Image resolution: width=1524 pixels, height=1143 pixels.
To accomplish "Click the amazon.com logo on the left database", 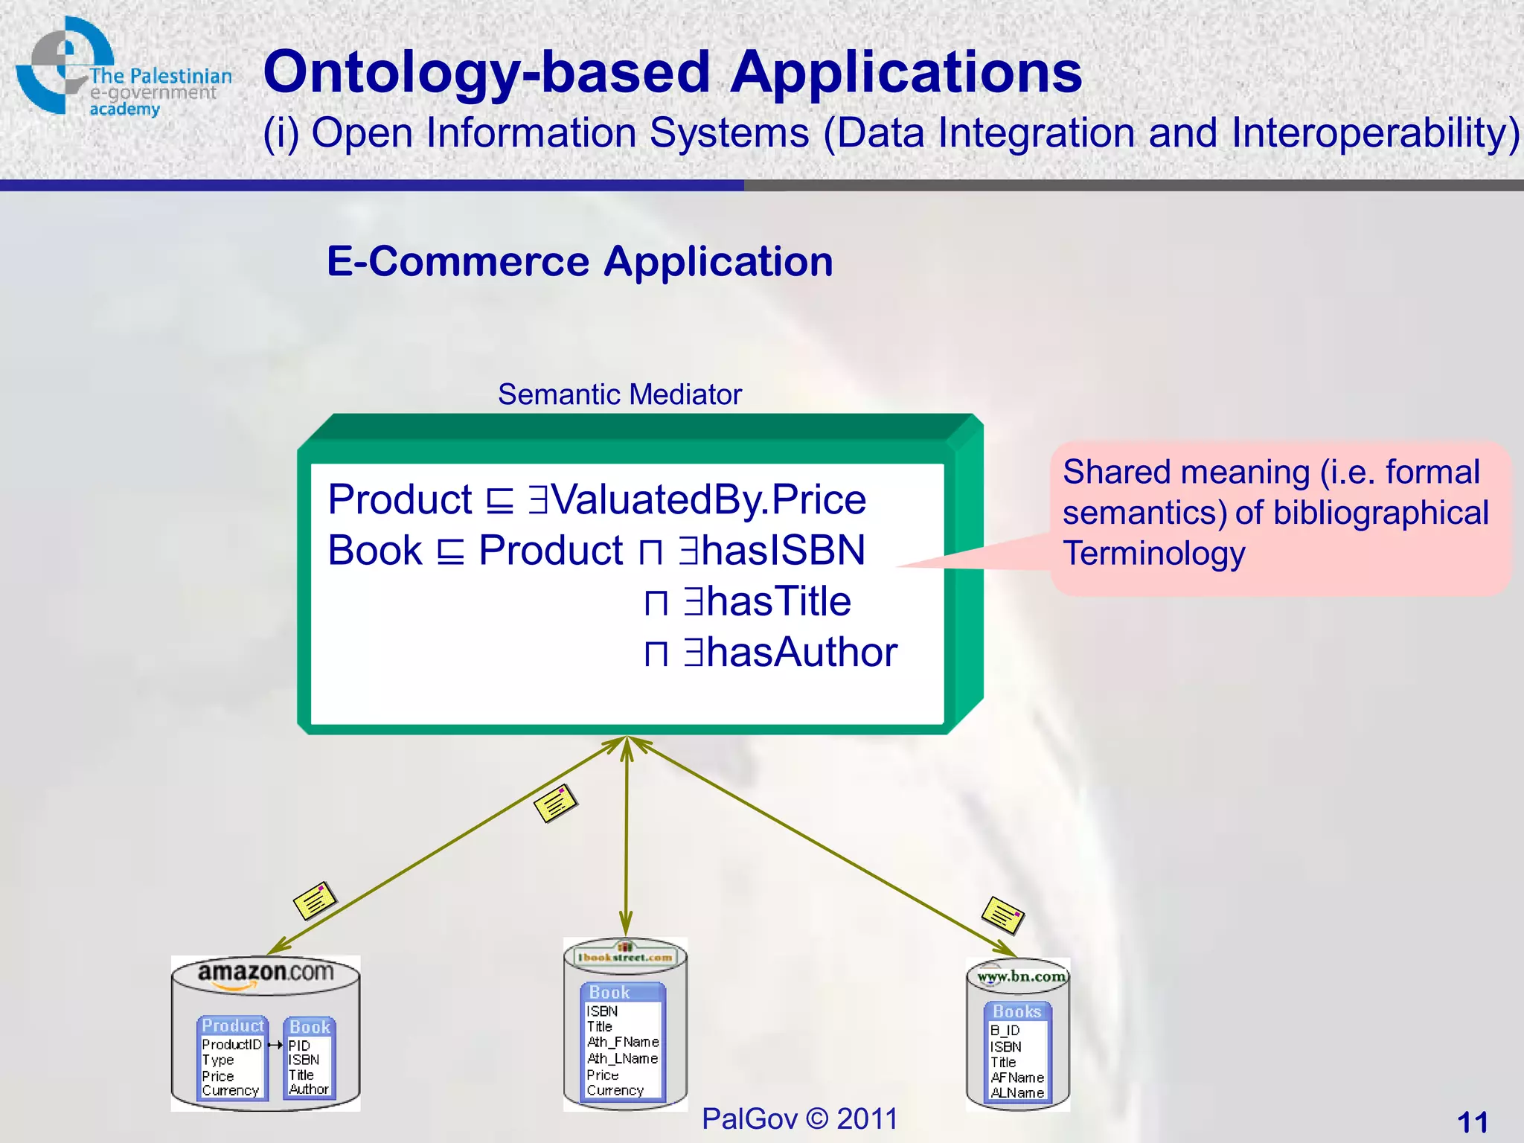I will pyautogui.click(x=265, y=974).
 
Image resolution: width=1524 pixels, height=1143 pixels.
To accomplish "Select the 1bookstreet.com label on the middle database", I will pyautogui.click(x=625, y=957).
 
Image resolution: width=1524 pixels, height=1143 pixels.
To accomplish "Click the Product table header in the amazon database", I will pyautogui.click(x=232, y=1025).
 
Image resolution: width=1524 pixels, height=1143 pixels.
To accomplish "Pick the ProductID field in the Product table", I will pyautogui.click(x=231, y=1045).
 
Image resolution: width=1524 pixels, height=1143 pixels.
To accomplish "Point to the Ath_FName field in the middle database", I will pyautogui.click(x=623, y=1042).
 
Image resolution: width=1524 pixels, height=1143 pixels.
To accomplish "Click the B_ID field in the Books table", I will pyautogui.click(x=1005, y=1031).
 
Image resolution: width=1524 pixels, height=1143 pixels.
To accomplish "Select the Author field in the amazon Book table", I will pyautogui.click(x=309, y=1089).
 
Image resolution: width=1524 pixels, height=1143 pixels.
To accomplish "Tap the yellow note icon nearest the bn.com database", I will pyautogui.click(x=1002, y=915).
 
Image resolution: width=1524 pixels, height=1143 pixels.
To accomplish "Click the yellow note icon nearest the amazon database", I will pyautogui.click(x=315, y=901).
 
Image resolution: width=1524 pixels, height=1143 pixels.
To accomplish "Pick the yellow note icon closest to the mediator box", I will pyautogui.click(x=555, y=804).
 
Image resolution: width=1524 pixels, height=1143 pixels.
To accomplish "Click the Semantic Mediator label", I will pyautogui.click(x=619, y=394).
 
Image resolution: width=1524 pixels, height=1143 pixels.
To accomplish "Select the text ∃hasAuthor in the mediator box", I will pyautogui.click(x=790, y=652).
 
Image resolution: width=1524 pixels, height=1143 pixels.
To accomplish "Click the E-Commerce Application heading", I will pyautogui.click(x=580, y=262).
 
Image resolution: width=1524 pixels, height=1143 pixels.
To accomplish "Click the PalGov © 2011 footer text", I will pyautogui.click(x=799, y=1118).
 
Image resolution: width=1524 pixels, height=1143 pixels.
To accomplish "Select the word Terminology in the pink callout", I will pyautogui.click(x=1153, y=554).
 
